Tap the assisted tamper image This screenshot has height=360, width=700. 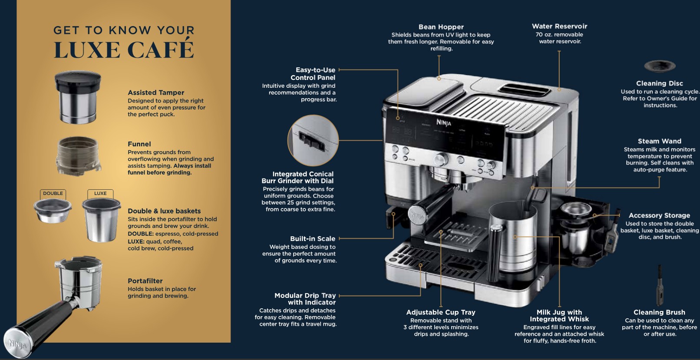[x=78, y=97]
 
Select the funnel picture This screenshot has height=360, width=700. [x=79, y=155]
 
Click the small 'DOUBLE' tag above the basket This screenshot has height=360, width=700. [x=53, y=194]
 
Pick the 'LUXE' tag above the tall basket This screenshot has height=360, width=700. [x=100, y=194]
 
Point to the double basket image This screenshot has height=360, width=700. [x=53, y=211]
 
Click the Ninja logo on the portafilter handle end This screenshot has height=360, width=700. [x=18, y=345]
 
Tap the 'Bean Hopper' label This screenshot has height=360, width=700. [x=441, y=27]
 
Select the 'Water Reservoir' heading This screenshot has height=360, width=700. [x=559, y=26]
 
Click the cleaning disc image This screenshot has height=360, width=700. [x=660, y=66]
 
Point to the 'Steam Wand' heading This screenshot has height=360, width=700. [x=659, y=141]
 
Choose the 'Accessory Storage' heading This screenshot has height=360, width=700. [x=659, y=215]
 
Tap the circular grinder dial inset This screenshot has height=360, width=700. [x=313, y=140]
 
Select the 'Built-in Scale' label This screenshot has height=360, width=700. [x=313, y=239]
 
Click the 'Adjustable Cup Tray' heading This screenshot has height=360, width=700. [x=441, y=312]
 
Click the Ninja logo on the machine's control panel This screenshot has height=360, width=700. [x=444, y=122]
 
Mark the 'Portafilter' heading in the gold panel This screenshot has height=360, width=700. [x=145, y=281]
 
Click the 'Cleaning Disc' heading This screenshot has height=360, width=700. [x=659, y=83]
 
